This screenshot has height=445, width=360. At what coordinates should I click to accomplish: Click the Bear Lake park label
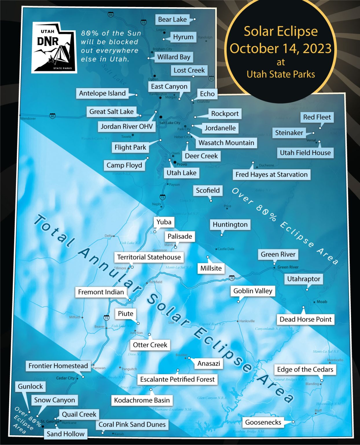172,20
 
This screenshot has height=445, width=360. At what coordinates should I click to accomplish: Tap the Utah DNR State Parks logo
54,48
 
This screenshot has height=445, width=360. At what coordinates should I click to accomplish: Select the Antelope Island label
102,93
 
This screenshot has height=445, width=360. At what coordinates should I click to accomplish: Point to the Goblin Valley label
253,291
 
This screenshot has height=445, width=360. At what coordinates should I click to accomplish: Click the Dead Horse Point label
305,319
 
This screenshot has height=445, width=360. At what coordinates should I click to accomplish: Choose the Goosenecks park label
263,422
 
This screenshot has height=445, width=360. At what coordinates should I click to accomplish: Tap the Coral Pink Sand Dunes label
132,424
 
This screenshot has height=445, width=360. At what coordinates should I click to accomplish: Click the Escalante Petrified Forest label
177,379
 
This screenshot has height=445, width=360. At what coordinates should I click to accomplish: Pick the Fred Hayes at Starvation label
271,174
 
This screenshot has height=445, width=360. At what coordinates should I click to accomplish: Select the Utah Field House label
305,153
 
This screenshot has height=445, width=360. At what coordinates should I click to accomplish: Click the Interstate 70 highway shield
232,278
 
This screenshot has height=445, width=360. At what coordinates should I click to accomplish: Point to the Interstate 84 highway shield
111,14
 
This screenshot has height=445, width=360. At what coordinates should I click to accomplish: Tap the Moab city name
322,302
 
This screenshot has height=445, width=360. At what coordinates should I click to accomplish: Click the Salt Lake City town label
170,123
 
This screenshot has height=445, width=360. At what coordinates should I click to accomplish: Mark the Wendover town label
28,118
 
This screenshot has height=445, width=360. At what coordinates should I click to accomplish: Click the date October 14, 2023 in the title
280,48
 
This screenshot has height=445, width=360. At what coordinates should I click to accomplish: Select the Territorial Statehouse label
149,257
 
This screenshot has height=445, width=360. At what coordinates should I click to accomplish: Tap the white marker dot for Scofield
211,201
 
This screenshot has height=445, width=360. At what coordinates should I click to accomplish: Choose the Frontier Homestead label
58,366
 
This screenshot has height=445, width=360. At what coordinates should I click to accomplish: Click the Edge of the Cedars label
305,369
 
